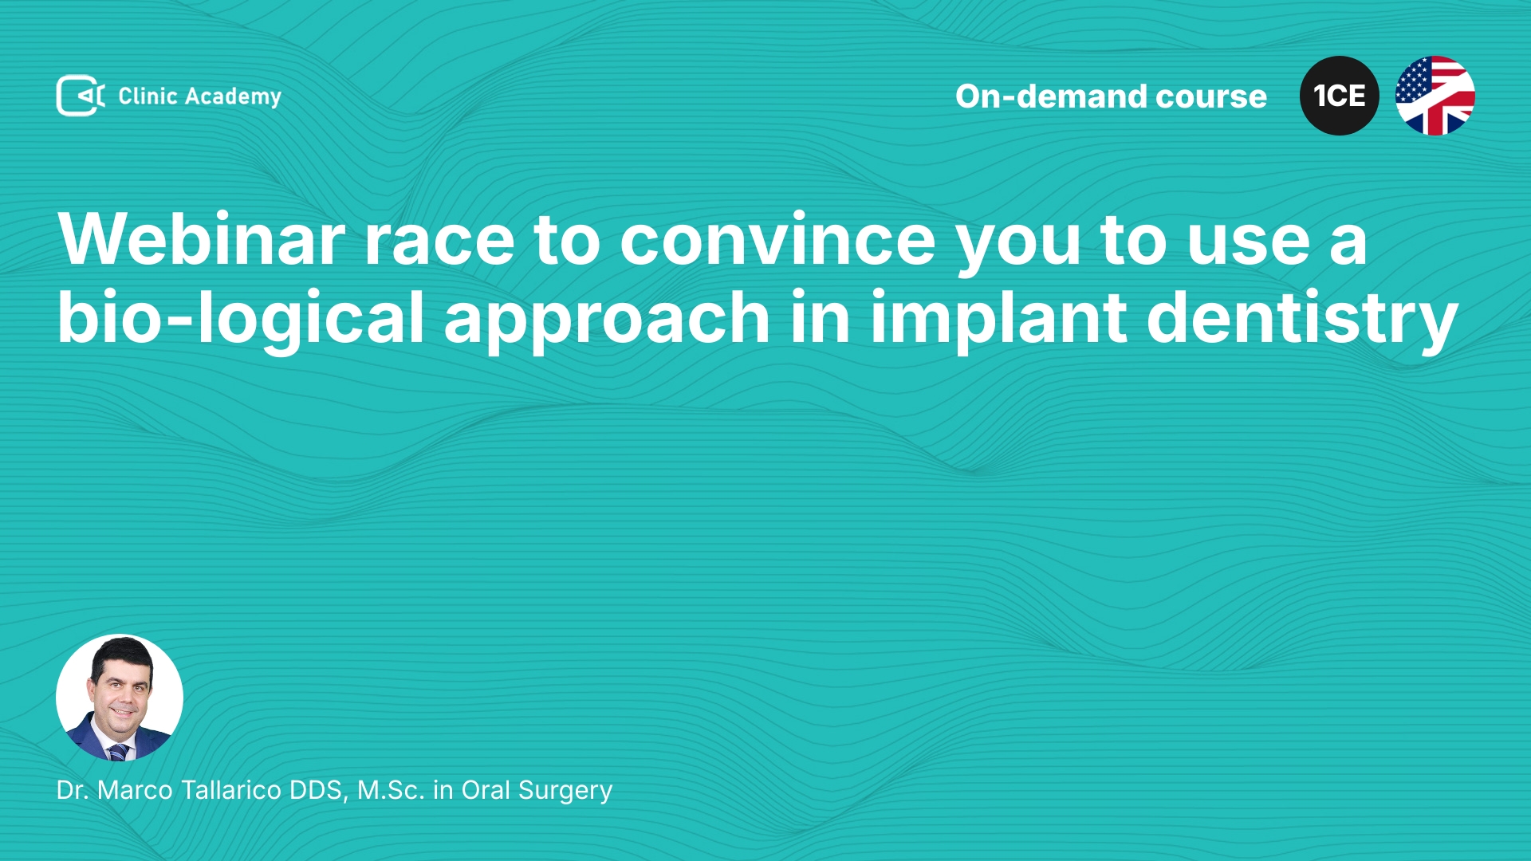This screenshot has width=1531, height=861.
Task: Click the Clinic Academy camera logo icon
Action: pos(81,96)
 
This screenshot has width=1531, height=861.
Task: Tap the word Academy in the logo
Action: pos(233,97)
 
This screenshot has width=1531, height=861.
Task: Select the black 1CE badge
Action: pos(1339,96)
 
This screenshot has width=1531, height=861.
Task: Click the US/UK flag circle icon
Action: pos(1435,96)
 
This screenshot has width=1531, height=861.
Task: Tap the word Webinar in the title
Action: pos(202,239)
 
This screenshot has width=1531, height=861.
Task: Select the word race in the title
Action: pos(439,242)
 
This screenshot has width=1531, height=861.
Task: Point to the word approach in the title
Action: pos(607,320)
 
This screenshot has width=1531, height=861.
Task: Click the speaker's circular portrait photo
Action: pos(120,698)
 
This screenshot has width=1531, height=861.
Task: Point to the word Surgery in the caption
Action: pos(565,791)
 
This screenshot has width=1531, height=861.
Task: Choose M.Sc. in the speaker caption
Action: pos(391,790)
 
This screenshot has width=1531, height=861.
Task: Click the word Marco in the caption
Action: pos(135,790)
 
